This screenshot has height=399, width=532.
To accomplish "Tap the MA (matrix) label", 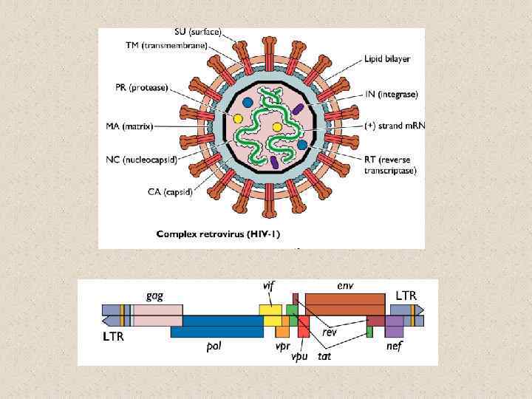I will tap(129, 126).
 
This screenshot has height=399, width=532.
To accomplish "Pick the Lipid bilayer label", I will tap(387, 58).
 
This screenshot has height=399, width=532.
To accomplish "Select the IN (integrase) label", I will tap(392, 95).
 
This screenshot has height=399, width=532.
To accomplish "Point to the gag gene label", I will tap(154, 295).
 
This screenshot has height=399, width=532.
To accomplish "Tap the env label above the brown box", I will tap(344, 284).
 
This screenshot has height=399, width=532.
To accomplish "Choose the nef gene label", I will tap(394, 347).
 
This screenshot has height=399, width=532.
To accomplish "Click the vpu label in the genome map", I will tap(299, 356).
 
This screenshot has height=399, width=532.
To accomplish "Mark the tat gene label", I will tap(324, 356).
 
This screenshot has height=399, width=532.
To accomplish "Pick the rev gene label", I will tap(330, 332).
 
